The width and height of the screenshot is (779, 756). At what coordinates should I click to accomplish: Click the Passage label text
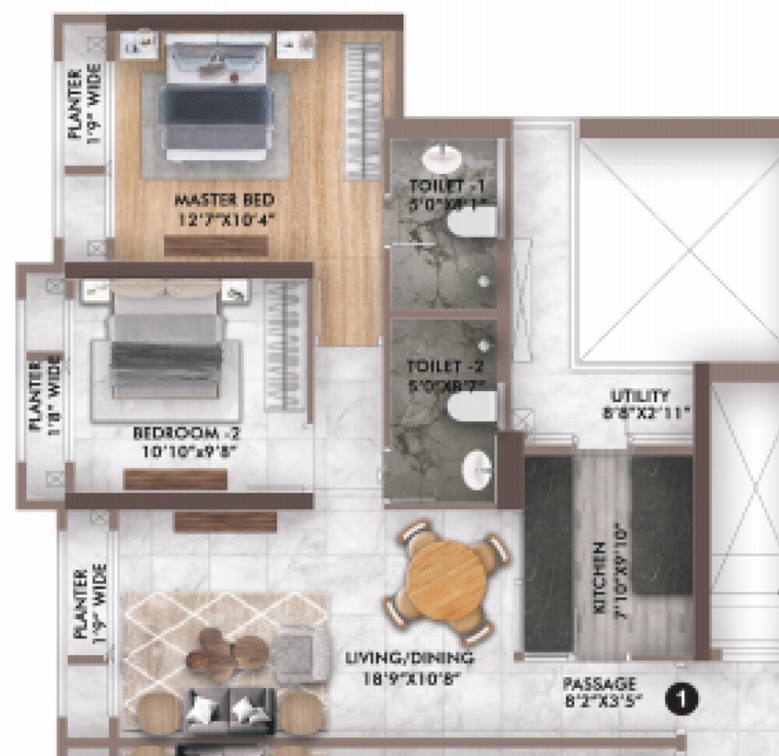pos(600,691)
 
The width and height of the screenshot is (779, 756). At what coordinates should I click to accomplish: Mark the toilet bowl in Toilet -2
pos(472,406)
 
